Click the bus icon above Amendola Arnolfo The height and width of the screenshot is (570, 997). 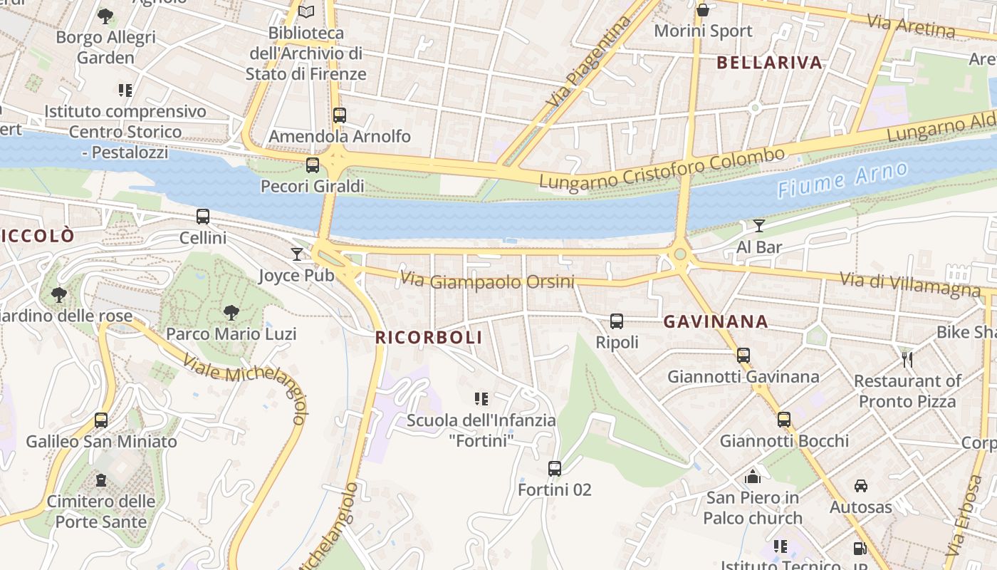click(x=340, y=115)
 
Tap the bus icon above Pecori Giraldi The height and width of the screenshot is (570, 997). click(x=313, y=165)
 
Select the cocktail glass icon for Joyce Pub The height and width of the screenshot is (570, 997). click(x=297, y=254)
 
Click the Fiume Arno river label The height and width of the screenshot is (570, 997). click(x=842, y=180)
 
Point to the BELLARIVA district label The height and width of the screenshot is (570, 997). click(x=769, y=63)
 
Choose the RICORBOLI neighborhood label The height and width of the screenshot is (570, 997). click(x=429, y=338)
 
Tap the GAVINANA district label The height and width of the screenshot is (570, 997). click(x=716, y=322)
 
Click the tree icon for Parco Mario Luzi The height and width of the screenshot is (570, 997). click(x=231, y=312)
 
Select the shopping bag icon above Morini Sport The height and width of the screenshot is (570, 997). click(x=703, y=10)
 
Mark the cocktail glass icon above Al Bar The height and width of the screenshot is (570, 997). click(x=759, y=226)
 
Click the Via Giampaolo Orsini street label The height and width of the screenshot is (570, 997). click(x=487, y=281)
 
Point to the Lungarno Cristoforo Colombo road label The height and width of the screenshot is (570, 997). click(x=662, y=169)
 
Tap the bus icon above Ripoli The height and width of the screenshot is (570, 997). click(x=617, y=321)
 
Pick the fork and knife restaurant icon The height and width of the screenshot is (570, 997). click(x=907, y=359)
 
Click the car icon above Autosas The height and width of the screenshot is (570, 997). click(x=860, y=486)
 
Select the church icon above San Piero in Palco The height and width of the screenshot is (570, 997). click(x=753, y=477)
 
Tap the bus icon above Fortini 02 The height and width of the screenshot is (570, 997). click(x=555, y=469)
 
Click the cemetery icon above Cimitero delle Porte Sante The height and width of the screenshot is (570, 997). click(x=101, y=480)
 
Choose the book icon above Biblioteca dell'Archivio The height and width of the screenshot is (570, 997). click(x=306, y=11)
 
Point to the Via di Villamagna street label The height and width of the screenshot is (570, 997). click(x=910, y=284)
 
